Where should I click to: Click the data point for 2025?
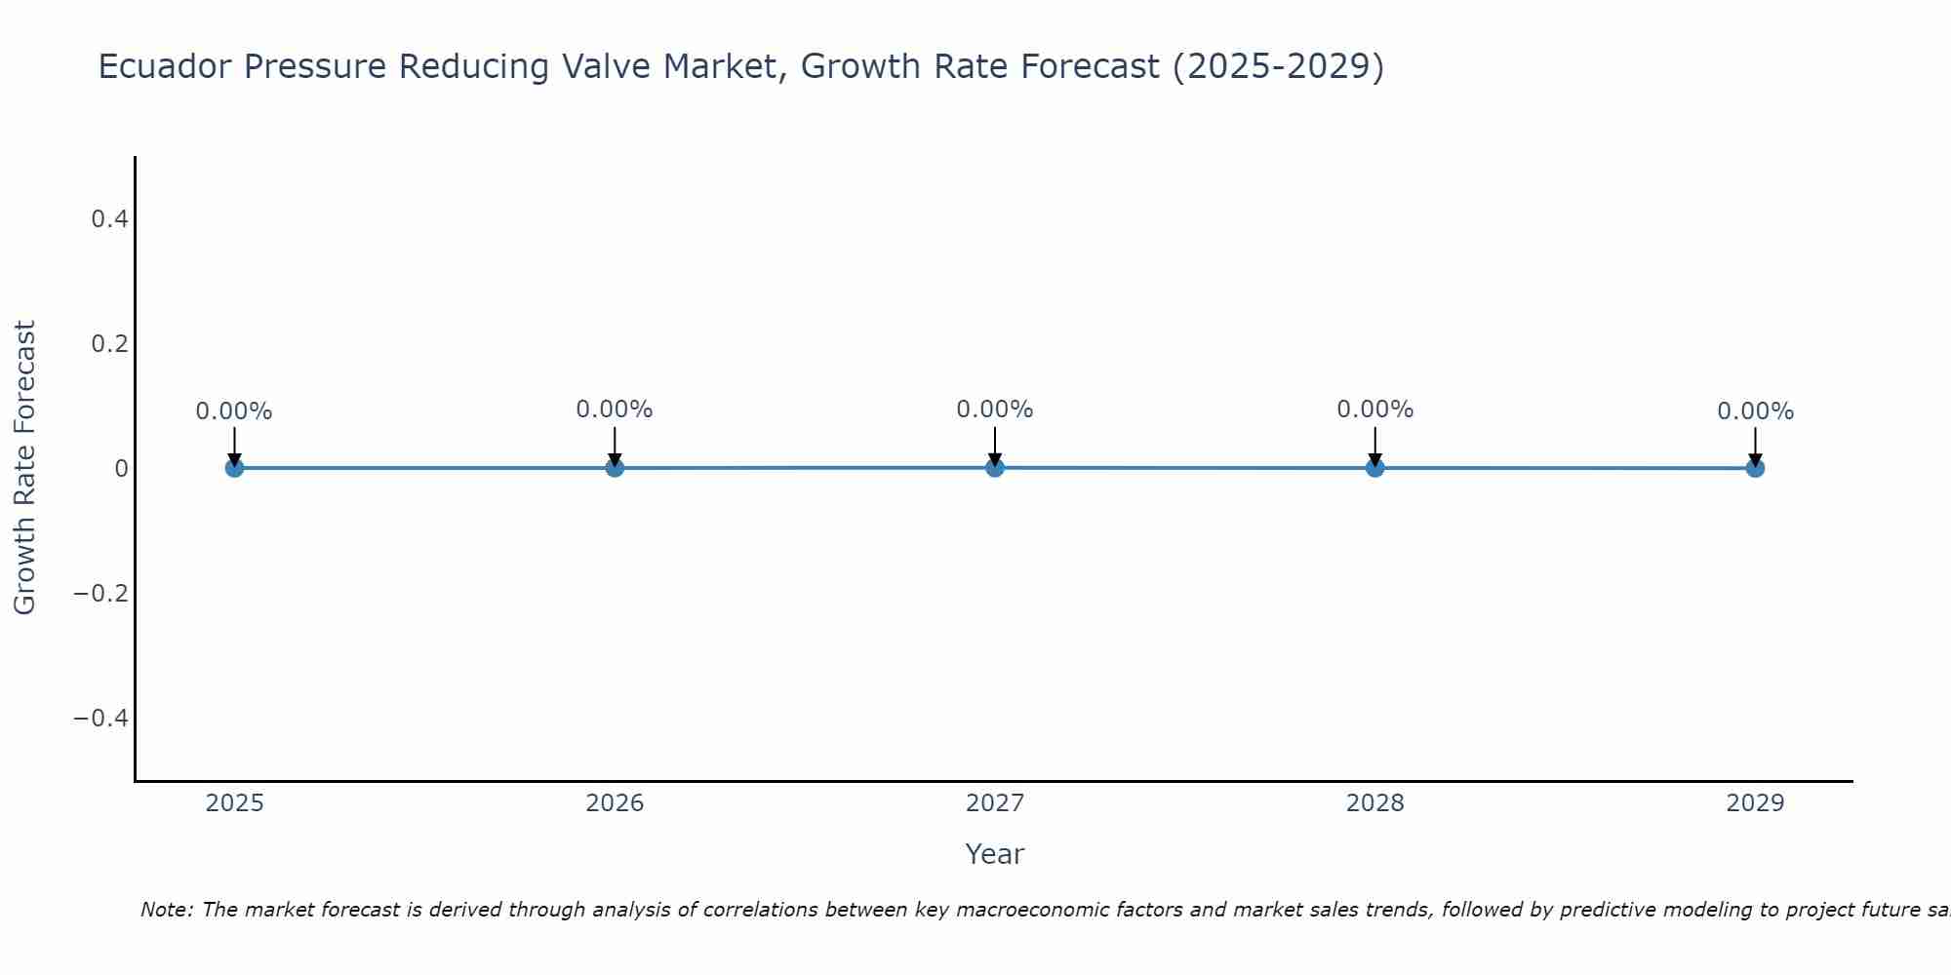[234, 468]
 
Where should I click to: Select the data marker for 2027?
[995, 468]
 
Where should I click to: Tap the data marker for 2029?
[1755, 468]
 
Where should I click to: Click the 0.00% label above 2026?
[615, 409]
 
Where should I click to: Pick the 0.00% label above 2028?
[1374, 409]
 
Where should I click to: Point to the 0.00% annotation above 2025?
[234, 411]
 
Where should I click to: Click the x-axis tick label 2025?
[235, 803]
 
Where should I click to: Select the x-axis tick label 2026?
[615, 803]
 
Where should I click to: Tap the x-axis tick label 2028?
[1374, 803]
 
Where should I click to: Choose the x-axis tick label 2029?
[1755, 803]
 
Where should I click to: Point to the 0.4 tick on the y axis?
[109, 219]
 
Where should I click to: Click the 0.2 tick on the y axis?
[109, 344]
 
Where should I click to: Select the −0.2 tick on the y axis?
[101, 594]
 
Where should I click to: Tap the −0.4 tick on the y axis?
[101, 719]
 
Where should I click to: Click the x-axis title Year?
[994, 854]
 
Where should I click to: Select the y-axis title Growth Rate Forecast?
[24, 468]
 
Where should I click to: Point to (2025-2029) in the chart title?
[1278, 66]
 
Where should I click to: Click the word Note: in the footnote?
[167, 910]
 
